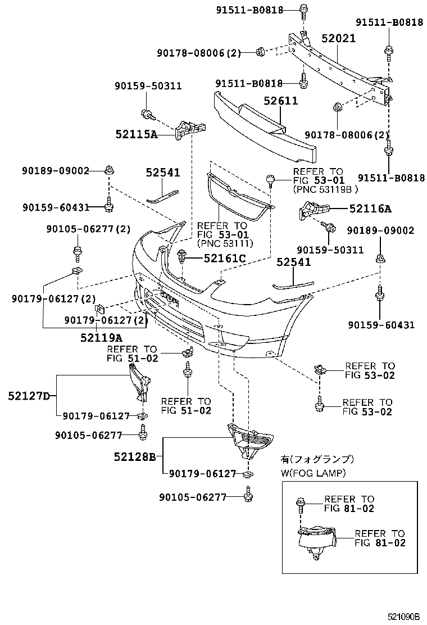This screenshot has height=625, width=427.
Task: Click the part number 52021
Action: pos(339,38)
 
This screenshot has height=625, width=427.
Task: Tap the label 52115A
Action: pos(137,134)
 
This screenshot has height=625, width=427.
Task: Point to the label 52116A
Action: pos(370,209)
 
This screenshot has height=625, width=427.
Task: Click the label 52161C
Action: pos(225,258)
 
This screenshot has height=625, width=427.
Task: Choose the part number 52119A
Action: pos(101,337)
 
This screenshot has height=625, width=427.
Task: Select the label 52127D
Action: pos(28,396)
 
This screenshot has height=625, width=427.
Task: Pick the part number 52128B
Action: pos(136,456)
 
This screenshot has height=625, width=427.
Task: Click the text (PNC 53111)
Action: pos(225,243)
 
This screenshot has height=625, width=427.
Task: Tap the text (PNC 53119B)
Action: pos(321,189)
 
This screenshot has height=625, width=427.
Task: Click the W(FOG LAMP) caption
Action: pos(314,473)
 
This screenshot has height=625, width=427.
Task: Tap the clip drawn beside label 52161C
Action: pos(182,258)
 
